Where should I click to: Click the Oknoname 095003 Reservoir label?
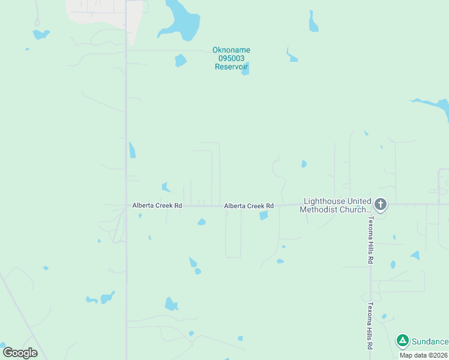pos(231,58)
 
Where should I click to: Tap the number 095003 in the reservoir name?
pos(231,58)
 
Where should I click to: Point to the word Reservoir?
pos(231,67)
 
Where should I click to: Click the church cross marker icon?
pos(380,205)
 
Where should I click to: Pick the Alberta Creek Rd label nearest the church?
pos(249,206)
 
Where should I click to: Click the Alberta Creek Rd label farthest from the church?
pos(157,205)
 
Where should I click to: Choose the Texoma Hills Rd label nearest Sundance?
pos(370,326)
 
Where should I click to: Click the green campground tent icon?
pos(402,341)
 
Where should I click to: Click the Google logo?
pos(20,353)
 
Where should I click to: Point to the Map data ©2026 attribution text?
pos(423,355)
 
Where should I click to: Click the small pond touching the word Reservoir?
pos(245,70)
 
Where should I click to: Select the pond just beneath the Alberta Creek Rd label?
pos(264,215)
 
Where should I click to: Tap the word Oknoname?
pos(231,50)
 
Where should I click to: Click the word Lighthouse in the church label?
pos(325,201)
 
